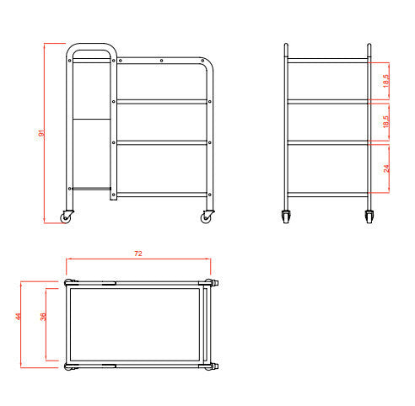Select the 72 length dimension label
tap(138, 253)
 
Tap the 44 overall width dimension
tap(18, 317)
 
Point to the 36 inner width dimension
tap(42, 317)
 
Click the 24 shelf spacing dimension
tap(387, 168)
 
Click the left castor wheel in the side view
tap(66, 217)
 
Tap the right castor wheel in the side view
tap(207, 217)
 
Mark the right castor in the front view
tap(369, 216)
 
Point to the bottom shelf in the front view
tap(328, 195)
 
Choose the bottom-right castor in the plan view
tap(208, 367)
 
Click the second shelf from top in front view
tap(328, 101)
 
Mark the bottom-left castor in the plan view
tap(66, 367)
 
